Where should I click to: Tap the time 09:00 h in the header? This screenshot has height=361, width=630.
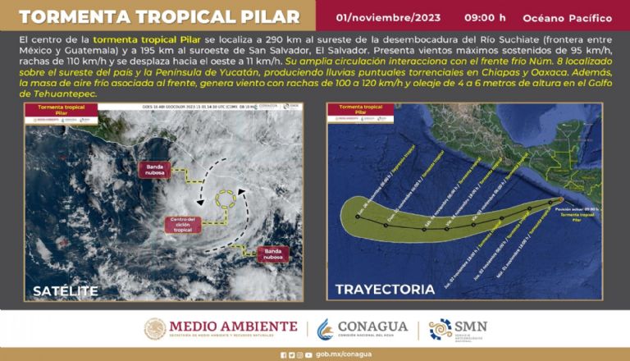484,17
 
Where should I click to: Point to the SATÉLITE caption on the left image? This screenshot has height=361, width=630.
66,290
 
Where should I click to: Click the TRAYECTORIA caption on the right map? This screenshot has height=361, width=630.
385,290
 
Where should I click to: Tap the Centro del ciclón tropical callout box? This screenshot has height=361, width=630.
182,224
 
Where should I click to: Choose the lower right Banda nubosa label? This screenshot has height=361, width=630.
275,253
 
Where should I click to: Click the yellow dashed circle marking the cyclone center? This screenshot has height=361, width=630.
226,199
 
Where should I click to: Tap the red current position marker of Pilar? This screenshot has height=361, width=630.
560,199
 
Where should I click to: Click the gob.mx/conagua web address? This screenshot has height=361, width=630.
340,355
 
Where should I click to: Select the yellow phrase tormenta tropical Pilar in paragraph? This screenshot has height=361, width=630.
140,39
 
